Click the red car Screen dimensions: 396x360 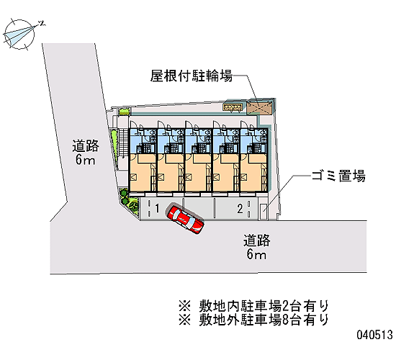(x=185, y=219)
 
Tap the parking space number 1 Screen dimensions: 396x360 (x=157, y=209)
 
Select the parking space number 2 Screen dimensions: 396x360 (x=240, y=209)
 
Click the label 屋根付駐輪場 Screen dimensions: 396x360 (x=192, y=76)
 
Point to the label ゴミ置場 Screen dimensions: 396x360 (x=338, y=176)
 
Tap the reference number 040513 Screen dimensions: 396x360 (x=375, y=335)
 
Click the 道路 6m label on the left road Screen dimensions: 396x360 (x=86, y=153)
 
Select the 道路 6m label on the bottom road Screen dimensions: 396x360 (x=256, y=247)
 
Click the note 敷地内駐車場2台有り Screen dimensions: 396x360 (x=254, y=306)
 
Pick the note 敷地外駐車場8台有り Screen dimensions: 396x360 (x=254, y=320)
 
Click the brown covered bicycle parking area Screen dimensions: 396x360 (x=259, y=107)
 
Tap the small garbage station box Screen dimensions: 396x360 (x=263, y=211)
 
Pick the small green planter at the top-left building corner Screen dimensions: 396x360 (x=125, y=111)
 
